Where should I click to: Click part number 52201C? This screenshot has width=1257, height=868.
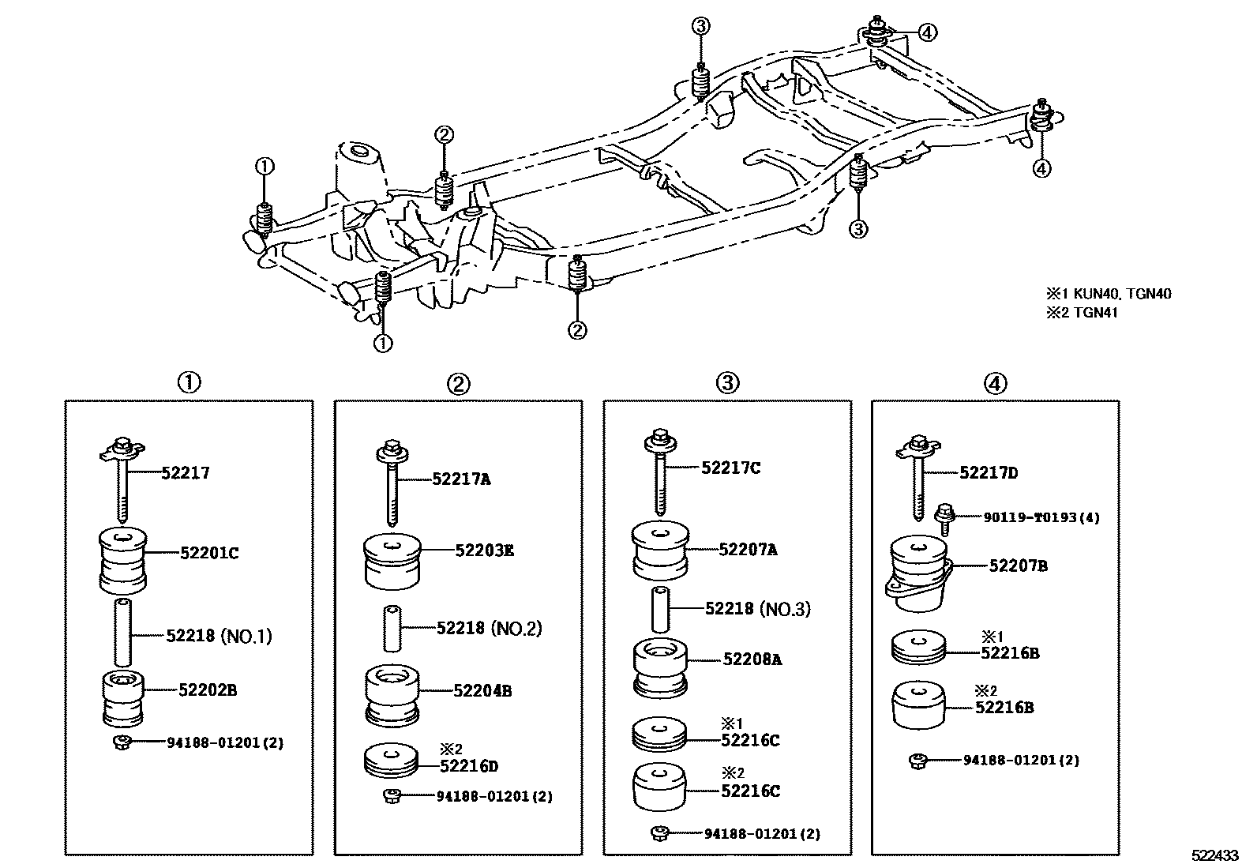[x=208, y=553]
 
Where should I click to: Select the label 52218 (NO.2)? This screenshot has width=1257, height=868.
[x=489, y=628]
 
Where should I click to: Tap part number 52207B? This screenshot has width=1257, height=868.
[x=1018, y=566]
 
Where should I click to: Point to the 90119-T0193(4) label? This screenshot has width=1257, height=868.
[x=1041, y=517]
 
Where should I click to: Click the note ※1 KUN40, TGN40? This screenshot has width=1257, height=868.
[x=1108, y=294]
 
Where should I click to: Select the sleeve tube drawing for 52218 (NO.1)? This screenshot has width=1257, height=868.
[x=123, y=633]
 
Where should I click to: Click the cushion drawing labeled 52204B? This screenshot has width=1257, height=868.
[x=392, y=695]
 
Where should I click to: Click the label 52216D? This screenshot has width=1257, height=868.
[x=469, y=765]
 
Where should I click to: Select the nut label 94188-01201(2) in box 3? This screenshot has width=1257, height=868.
[x=762, y=833]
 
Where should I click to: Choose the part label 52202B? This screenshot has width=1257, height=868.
[x=207, y=690]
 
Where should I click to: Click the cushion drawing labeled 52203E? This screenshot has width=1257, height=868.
[x=392, y=560]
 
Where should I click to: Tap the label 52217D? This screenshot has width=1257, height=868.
[x=989, y=473]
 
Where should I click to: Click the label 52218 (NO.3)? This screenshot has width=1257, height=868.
[x=757, y=608]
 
